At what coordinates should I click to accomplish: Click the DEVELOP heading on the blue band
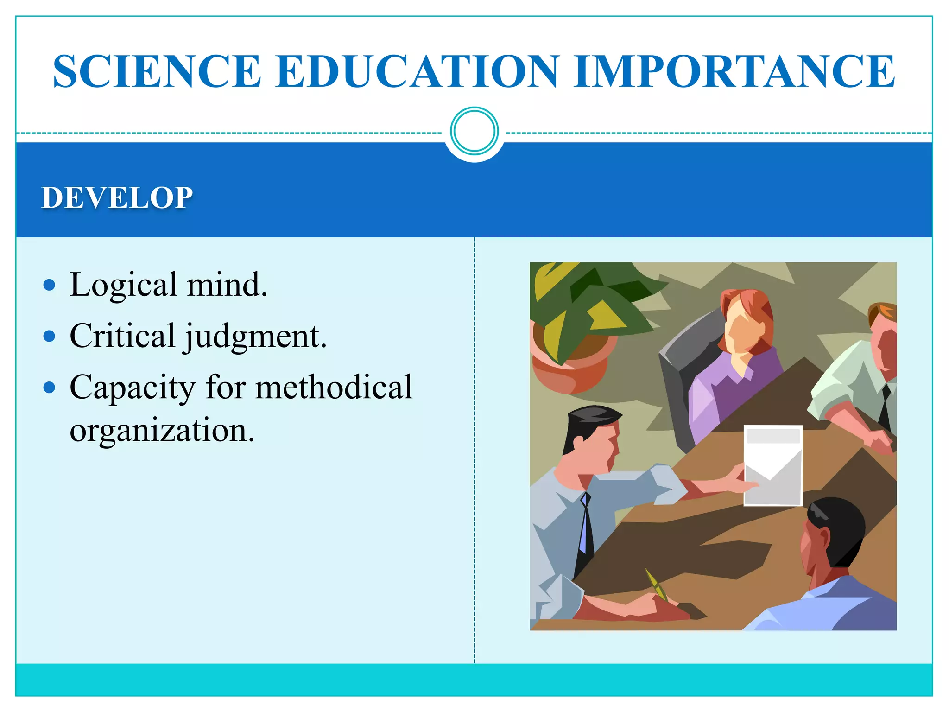(x=117, y=198)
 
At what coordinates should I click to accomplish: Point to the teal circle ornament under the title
(x=474, y=131)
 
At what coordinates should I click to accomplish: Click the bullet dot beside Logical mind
(x=49, y=285)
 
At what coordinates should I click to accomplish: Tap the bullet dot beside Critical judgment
(x=49, y=336)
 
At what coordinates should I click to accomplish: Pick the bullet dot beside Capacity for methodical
(x=49, y=388)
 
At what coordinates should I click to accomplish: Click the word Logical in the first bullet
(x=123, y=285)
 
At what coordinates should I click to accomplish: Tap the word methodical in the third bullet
(x=334, y=387)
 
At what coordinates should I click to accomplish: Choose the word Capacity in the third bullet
(x=133, y=388)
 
